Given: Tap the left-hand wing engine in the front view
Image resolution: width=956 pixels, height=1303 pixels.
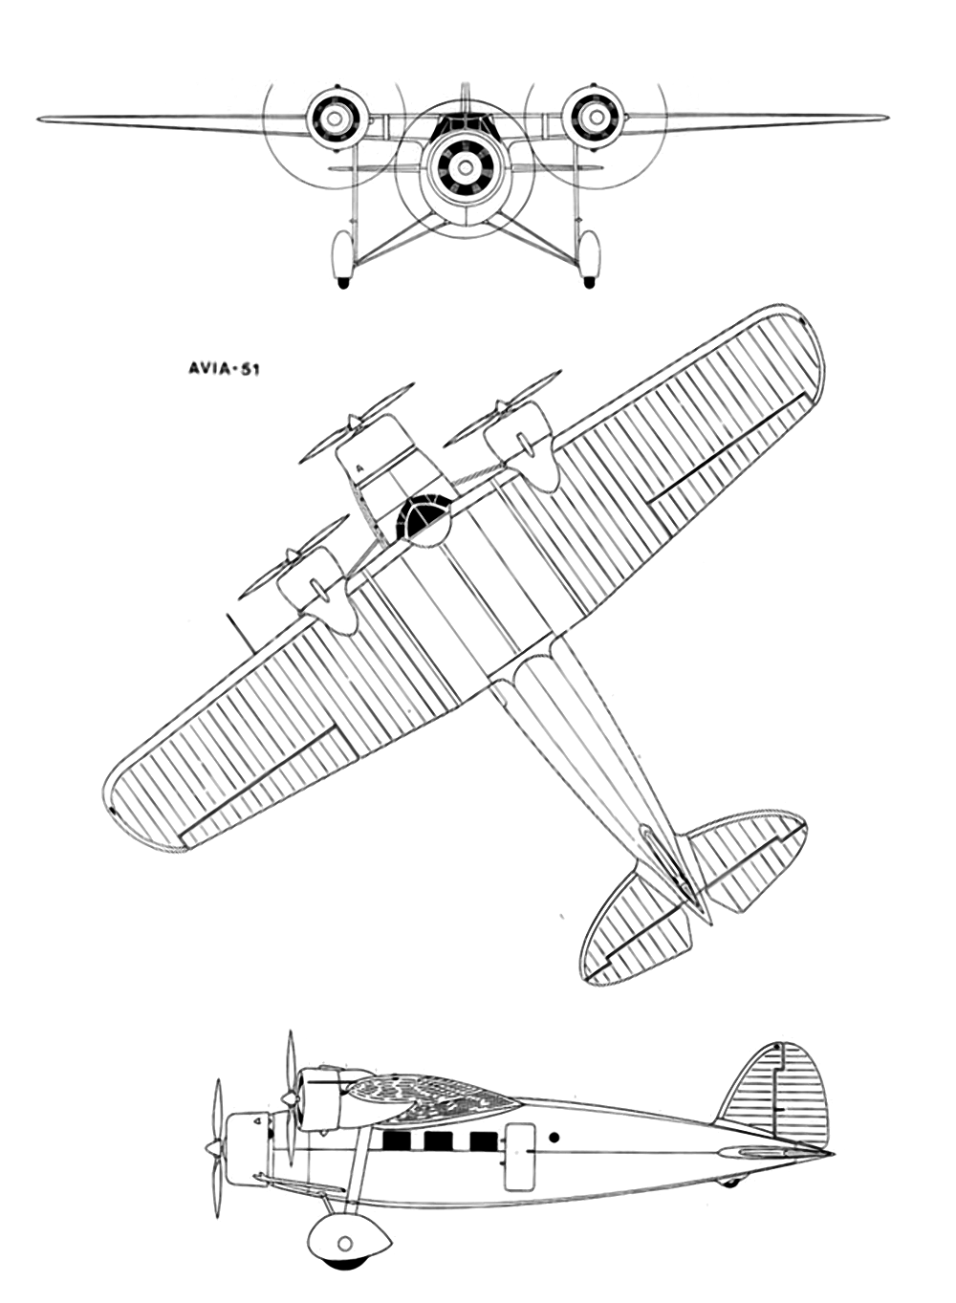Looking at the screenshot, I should point(336,119).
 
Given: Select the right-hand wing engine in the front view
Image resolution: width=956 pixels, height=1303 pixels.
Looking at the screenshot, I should point(592,117).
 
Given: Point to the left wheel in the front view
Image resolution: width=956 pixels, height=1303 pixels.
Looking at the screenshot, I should point(342,257).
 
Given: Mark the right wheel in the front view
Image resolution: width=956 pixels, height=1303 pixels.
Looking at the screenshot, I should point(589,257).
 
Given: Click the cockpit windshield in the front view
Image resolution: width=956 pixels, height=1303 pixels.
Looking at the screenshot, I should point(465,123).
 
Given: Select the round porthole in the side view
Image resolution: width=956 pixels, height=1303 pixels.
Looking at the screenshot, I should point(554,1138).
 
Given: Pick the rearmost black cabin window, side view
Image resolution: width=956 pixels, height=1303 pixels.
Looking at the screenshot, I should point(484,1140).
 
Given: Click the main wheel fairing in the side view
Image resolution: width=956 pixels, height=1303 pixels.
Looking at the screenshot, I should point(348,1241).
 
